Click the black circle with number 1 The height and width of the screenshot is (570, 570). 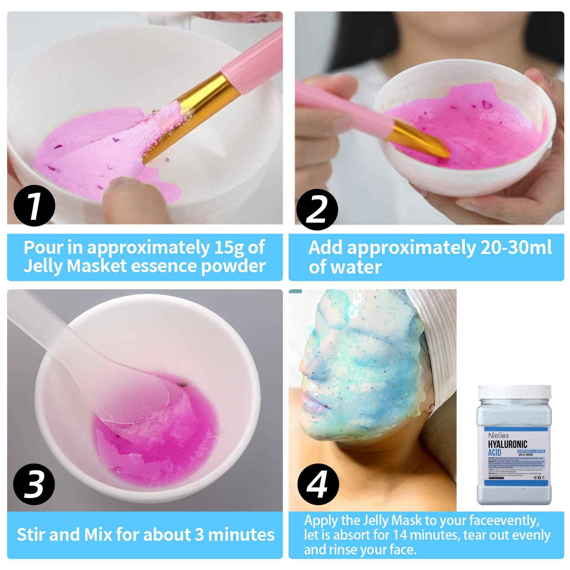coord(34,206)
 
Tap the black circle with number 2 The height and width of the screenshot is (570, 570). coord(317,209)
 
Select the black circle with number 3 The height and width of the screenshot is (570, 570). coord(34,484)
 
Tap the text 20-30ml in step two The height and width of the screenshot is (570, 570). coord(515,248)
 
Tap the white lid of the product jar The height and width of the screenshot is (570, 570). coord(514,392)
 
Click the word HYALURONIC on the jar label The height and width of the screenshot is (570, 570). coord(507,444)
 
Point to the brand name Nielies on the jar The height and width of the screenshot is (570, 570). coord(498,435)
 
